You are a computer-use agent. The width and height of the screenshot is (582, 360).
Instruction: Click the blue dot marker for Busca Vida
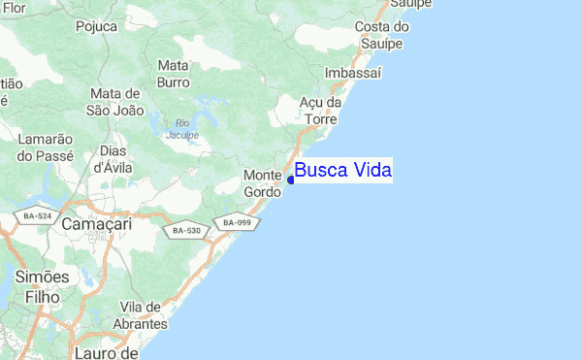[x=291, y=180]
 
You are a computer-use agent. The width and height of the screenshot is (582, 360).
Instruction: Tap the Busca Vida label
[x=343, y=171]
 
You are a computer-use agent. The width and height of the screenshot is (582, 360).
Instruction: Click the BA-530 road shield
[x=184, y=231]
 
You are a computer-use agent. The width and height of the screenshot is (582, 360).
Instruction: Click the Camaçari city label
[x=95, y=224]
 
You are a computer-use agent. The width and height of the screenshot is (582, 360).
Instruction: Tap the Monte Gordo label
[x=262, y=183]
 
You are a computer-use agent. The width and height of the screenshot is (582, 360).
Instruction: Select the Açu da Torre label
[x=320, y=110]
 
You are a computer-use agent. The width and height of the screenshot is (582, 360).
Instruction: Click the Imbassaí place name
[x=354, y=74]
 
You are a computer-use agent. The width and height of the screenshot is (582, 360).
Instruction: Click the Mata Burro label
[x=173, y=74]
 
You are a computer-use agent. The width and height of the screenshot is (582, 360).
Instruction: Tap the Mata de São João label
[x=116, y=101]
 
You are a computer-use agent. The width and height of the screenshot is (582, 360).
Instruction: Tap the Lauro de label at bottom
[x=107, y=352]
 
